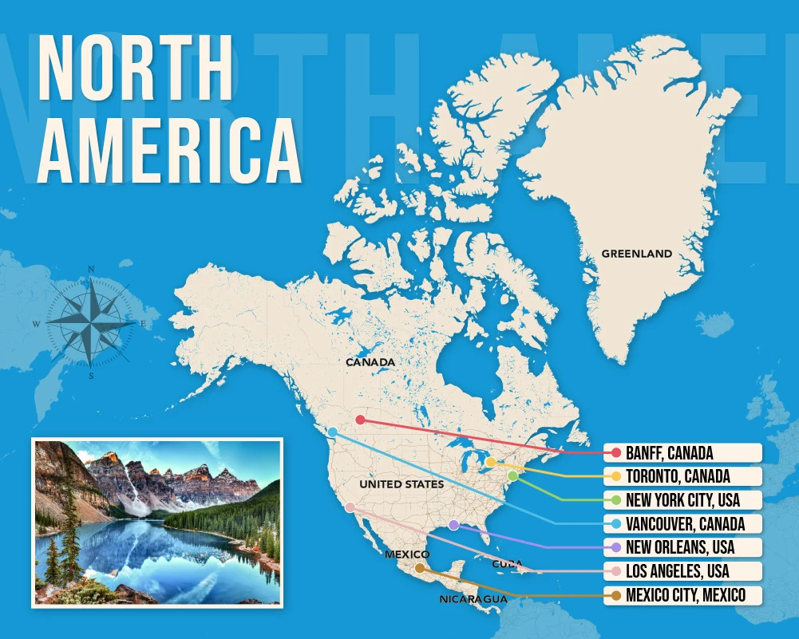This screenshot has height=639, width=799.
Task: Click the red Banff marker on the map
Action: click(x=360, y=420)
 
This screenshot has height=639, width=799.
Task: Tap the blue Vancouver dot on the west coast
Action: click(x=333, y=432)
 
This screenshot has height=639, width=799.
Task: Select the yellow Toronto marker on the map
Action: click(x=490, y=462)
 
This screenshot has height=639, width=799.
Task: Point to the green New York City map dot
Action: click(x=512, y=476)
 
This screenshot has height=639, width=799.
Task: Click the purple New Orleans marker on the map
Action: click(x=453, y=525)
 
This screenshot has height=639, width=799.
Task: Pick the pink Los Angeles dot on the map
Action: click(x=350, y=507)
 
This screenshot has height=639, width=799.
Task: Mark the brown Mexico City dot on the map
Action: click(x=420, y=568)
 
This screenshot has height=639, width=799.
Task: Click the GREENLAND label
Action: click(x=636, y=254)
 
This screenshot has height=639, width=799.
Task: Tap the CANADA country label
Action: click(x=370, y=362)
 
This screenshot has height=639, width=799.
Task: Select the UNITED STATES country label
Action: click(x=401, y=484)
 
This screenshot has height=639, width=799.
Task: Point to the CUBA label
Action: click(x=507, y=563)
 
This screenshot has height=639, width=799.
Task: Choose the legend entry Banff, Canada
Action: click(x=682, y=453)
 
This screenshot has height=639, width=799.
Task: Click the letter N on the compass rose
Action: click(x=91, y=269)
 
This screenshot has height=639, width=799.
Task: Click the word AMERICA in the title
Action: click(x=169, y=150)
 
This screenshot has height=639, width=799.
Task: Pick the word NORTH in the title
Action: click(x=136, y=68)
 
